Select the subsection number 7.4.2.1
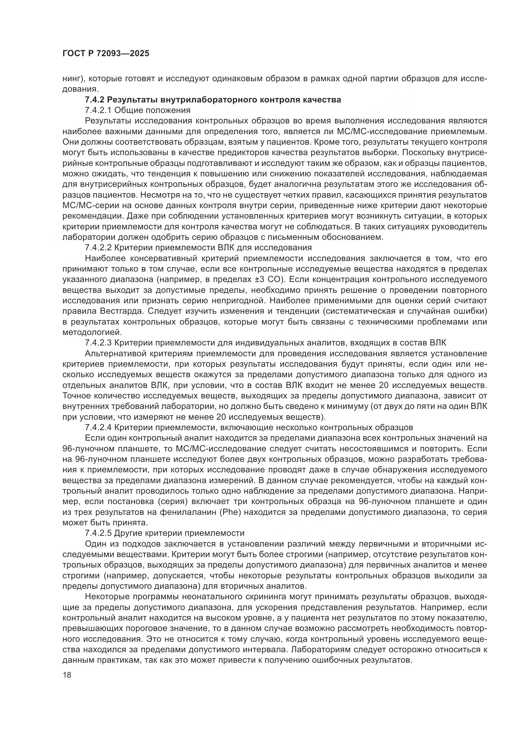98,110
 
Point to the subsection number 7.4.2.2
98,247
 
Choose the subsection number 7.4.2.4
98,427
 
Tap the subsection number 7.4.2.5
98,533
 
